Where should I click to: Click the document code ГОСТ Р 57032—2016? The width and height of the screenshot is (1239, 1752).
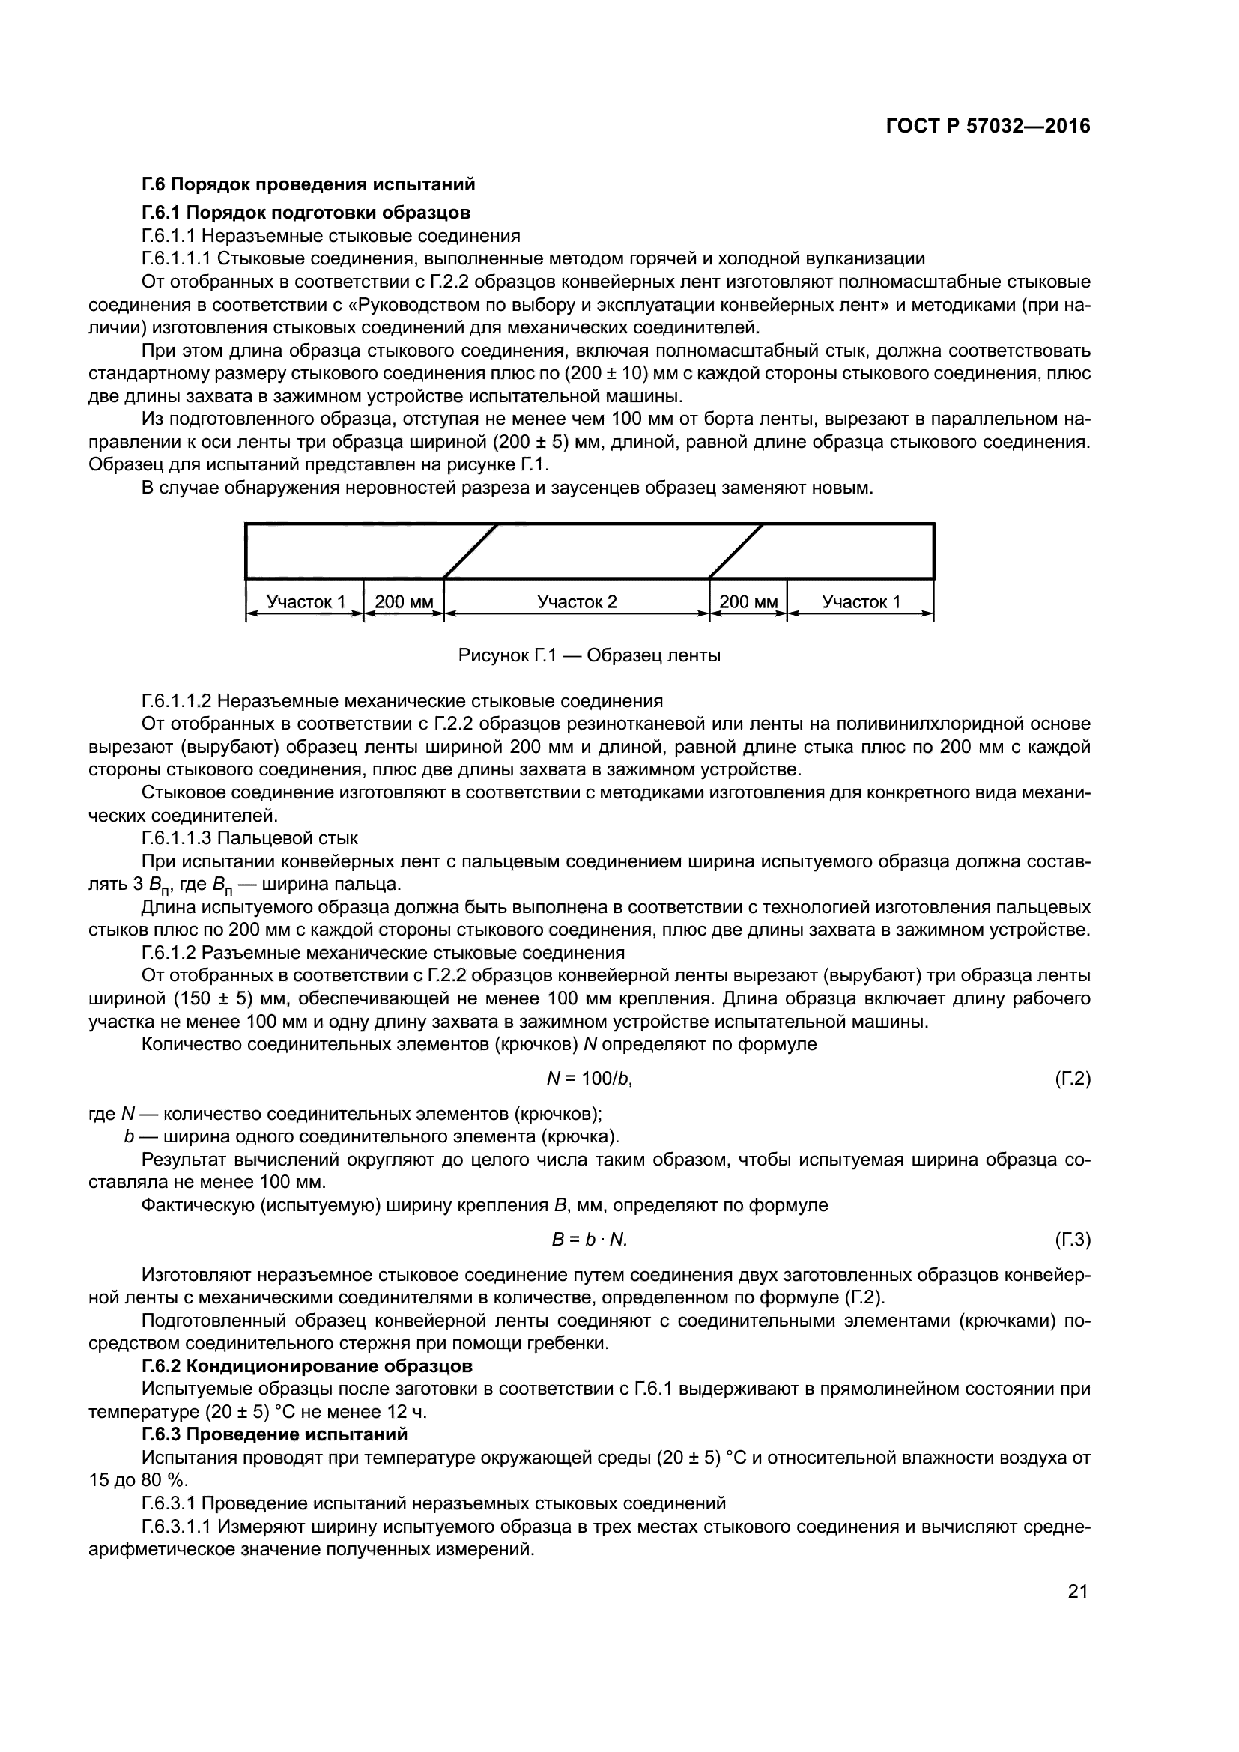point(988,127)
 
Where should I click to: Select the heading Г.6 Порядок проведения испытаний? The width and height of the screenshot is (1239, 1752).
point(308,184)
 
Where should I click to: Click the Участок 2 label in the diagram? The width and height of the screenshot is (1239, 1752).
point(577,602)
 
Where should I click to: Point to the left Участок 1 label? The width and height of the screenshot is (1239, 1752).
point(305,602)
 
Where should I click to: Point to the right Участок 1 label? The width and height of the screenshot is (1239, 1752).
point(861,602)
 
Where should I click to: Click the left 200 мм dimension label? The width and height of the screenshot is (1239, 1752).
point(404,602)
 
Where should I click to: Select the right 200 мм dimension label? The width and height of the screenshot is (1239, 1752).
point(748,602)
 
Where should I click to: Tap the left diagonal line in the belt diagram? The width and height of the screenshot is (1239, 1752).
point(470,551)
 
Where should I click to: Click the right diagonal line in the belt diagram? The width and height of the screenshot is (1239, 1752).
point(736,551)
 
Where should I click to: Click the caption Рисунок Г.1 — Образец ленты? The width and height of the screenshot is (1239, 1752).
point(589,655)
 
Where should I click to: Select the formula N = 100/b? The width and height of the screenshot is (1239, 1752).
point(590,1078)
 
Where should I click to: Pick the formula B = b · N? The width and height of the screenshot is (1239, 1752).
point(589,1240)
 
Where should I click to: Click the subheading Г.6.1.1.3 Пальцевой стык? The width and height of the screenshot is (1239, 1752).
point(249,838)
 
